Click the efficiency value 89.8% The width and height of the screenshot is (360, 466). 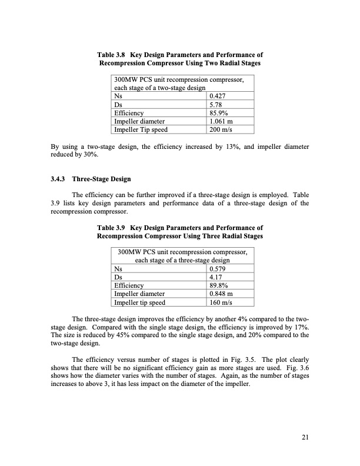coord(220,288)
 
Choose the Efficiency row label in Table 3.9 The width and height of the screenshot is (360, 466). coord(128,288)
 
